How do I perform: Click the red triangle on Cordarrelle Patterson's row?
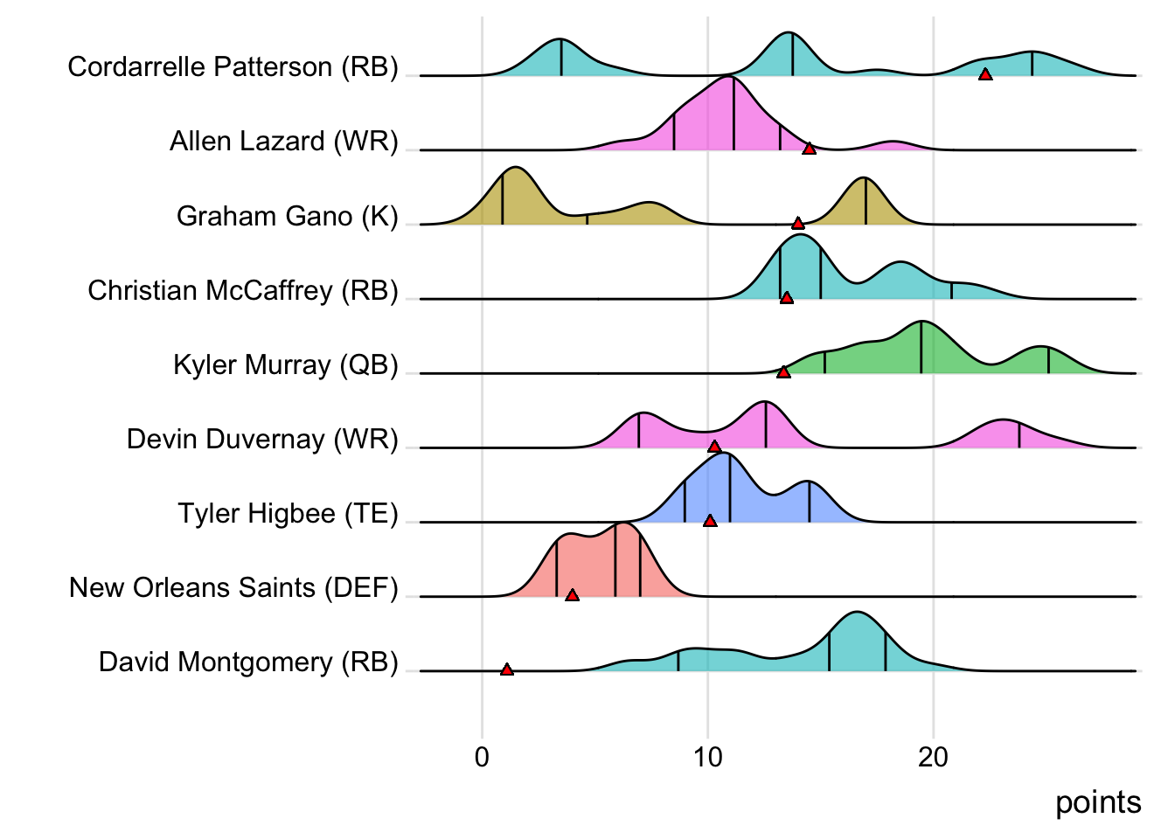(985, 75)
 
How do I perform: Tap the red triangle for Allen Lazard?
(809, 149)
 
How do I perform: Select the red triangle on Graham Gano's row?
(797, 224)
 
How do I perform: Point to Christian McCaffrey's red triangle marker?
(787, 298)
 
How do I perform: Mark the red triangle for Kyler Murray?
(783, 372)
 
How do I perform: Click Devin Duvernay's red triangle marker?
(714, 447)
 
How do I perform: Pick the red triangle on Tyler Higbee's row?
(710, 521)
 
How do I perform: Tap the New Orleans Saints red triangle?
(572, 595)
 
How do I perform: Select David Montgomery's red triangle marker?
(507, 669)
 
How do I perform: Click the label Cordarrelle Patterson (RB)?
(233, 67)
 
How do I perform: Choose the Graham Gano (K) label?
(287, 216)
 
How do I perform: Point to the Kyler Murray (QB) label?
(285, 364)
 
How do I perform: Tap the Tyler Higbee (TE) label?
(288, 513)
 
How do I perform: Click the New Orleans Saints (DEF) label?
(233, 587)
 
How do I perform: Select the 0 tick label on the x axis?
(483, 757)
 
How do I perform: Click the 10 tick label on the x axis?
(708, 757)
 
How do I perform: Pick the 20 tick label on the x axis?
(934, 757)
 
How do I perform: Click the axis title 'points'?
(1098, 802)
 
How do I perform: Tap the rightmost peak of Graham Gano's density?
(865, 178)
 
